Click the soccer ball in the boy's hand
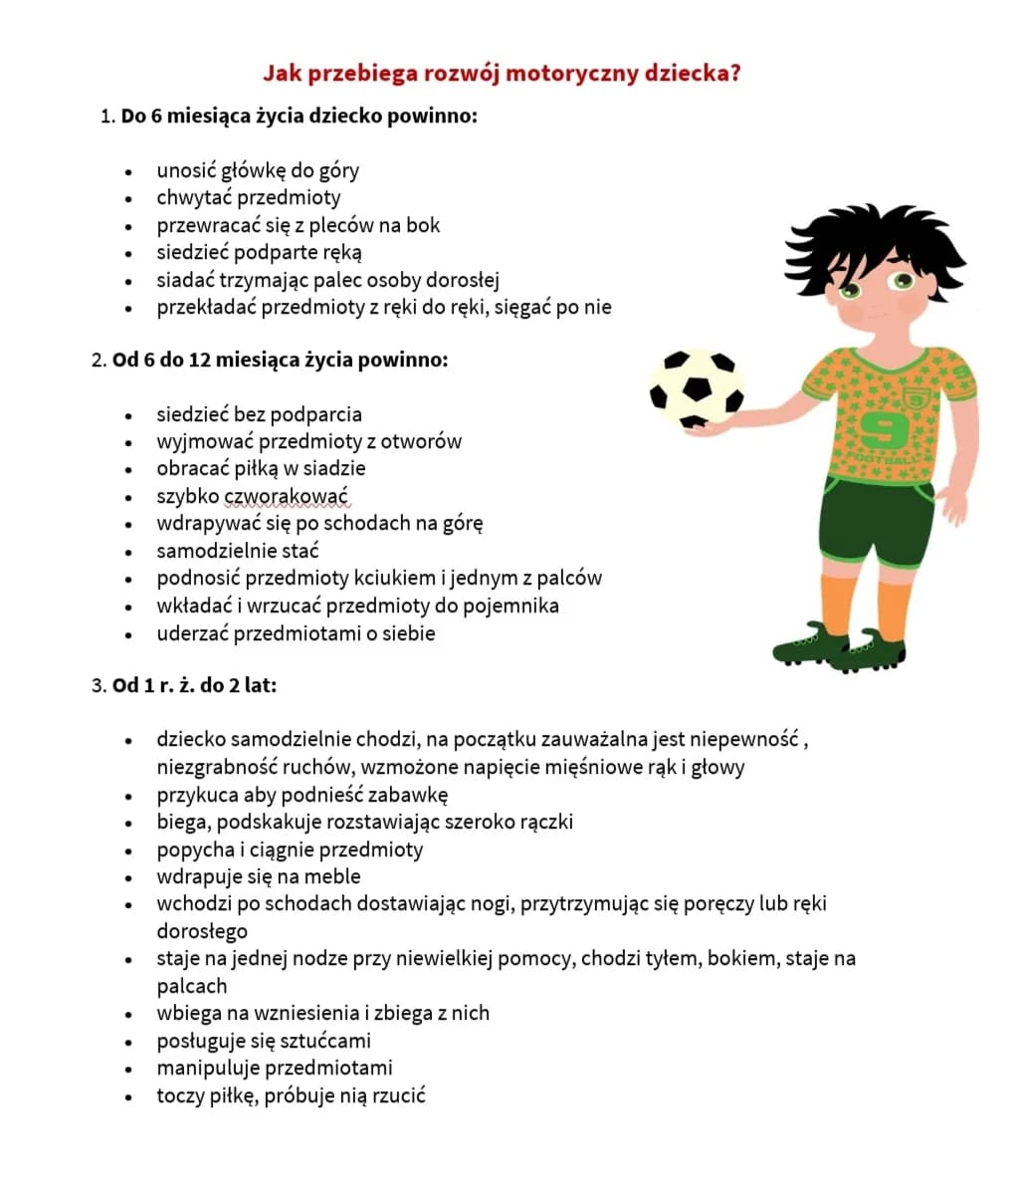pos(697,389)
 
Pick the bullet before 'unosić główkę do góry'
pos(129,172)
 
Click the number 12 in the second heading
pos(199,360)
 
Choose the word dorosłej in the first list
pos(460,280)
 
